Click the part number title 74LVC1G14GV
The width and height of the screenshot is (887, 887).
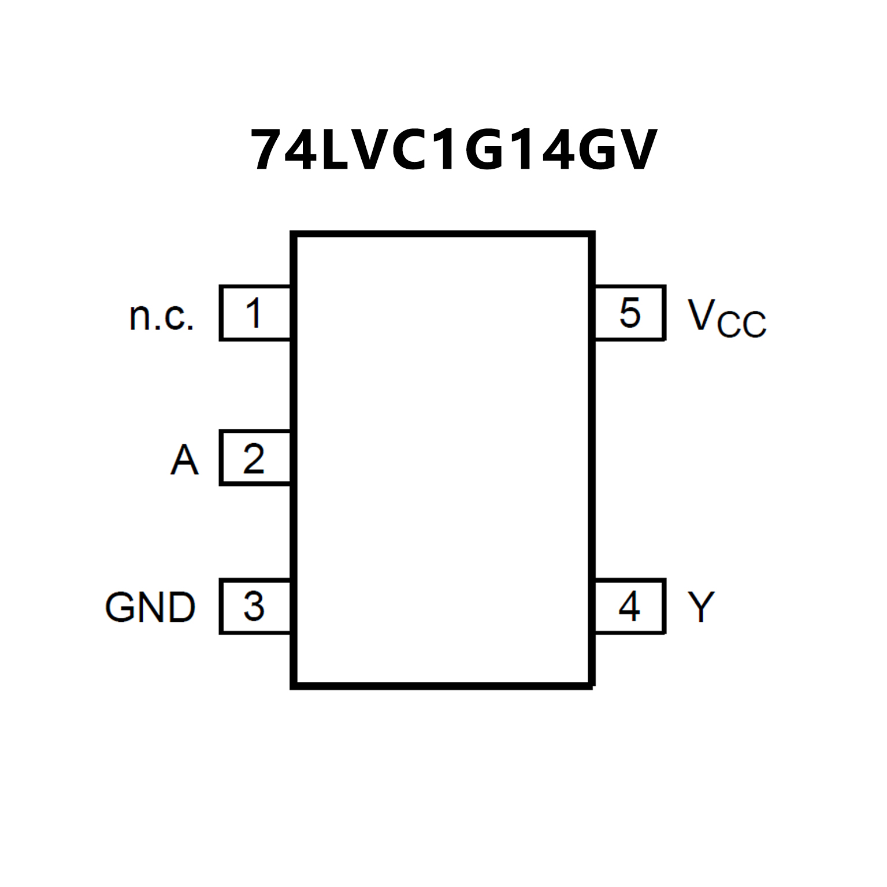click(454, 150)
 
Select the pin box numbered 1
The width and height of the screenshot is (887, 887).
click(255, 313)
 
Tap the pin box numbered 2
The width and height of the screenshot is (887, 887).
click(255, 458)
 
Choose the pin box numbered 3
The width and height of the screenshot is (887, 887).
click(255, 606)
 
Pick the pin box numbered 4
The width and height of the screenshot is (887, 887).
click(630, 606)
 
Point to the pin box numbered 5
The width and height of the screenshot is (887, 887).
click(630, 313)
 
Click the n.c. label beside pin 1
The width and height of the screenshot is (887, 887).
click(161, 317)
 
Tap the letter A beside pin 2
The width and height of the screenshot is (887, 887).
click(184, 460)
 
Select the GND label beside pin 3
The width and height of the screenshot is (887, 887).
click(150, 607)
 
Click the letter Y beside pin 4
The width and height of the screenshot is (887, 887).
click(701, 607)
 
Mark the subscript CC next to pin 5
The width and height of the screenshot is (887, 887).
click(742, 324)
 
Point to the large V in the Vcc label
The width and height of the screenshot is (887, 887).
click(702, 315)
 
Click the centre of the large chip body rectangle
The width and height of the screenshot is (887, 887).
click(443, 460)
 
